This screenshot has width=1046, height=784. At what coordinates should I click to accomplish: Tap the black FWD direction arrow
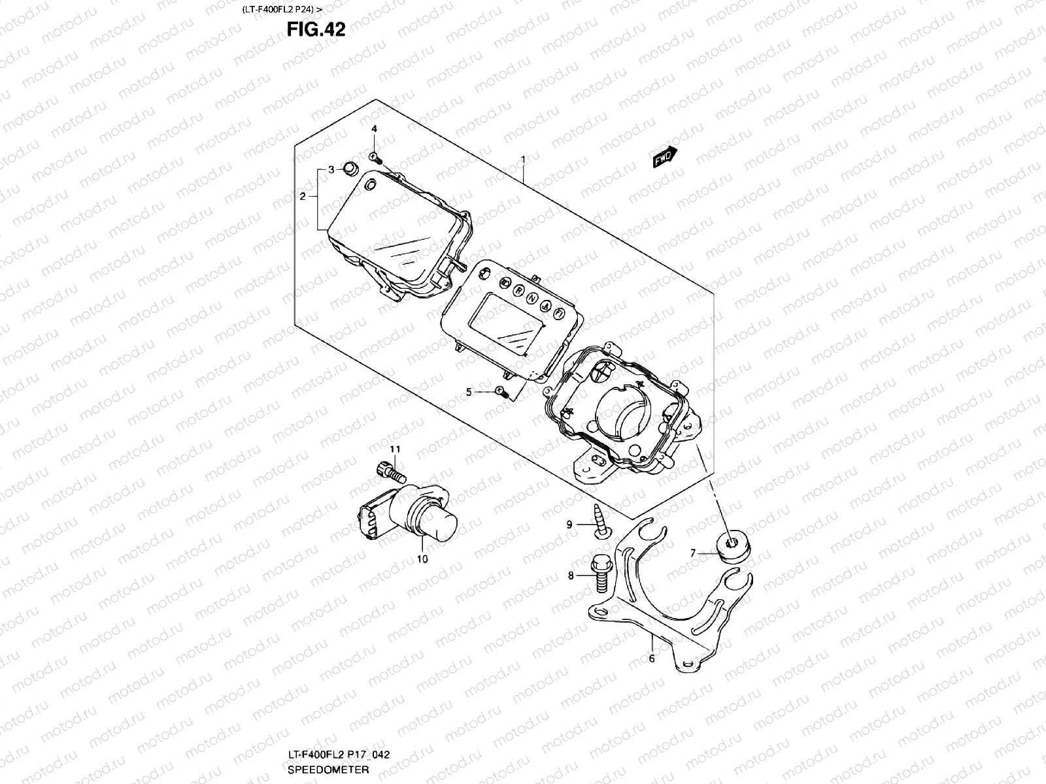coord(664,159)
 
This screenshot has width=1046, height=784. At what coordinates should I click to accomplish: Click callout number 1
coord(522,159)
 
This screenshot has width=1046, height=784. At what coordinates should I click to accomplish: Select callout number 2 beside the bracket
coord(303,196)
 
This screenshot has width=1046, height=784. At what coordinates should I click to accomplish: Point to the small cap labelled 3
coord(351,169)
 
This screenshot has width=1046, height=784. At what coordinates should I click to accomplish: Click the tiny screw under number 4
coord(375,157)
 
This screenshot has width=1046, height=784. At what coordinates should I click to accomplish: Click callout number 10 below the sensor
coord(422,559)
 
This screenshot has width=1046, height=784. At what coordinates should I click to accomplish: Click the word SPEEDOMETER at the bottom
coord(328,770)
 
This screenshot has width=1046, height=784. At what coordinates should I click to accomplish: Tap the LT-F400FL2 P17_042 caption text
coord(338,755)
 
